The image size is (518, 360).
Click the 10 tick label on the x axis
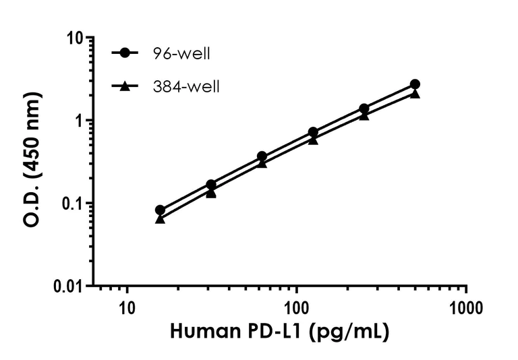[126, 309]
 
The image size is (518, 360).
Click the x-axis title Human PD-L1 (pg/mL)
[279, 332]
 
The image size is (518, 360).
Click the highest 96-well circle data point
[415, 84]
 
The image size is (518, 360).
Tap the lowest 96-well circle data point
[160, 210]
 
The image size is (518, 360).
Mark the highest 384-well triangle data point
[415, 93]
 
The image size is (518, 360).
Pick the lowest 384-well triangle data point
[160, 219]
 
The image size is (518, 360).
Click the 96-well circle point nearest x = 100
[313, 132]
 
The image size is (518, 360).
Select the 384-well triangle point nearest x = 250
[364, 115]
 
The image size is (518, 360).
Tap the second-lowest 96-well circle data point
[211, 184]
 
